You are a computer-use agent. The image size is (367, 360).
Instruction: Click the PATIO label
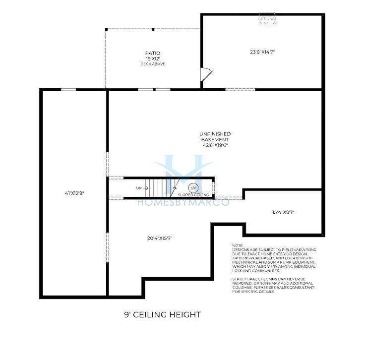pyautogui.click(x=153, y=54)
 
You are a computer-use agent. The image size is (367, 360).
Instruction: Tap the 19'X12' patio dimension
pyautogui.click(x=153, y=59)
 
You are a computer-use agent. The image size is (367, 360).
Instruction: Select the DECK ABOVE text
pyautogui.click(x=153, y=64)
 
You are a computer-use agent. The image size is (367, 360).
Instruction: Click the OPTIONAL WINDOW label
pyautogui.click(x=267, y=21)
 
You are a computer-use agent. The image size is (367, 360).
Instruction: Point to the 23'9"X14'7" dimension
pyautogui.click(x=262, y=52)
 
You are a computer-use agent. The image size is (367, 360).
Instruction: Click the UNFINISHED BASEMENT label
pyautogui.click(x=215, y=137)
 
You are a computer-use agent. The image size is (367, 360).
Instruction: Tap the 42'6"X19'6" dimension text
pyautogui.click(x=215, y=145)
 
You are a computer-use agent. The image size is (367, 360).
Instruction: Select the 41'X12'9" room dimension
pyautogui.click(x=74, y=193)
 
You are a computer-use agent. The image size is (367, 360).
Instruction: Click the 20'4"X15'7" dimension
pyautogui.click(x=160, y=239)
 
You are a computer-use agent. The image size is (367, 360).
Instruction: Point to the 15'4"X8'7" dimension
pyautogui.click(x=283, y=213)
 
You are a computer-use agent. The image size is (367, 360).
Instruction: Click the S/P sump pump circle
pyautogui.click(x=193, y=188)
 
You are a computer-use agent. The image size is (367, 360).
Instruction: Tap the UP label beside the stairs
pyautogui.click(x=139, y=188)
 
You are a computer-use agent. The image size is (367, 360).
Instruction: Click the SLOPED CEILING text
pyautogui.click(x=193, y=195)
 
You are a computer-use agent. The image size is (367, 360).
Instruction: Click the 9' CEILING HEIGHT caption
pyautogui.click(x=162, y=314)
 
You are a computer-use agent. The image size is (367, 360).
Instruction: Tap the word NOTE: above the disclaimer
pyautogui.click(x=238, y=245)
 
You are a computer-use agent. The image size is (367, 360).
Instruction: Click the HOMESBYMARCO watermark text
pyautogui.click(x=183, y=202)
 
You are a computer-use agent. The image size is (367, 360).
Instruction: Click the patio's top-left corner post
pyautogui.click(x=106, y=29)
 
